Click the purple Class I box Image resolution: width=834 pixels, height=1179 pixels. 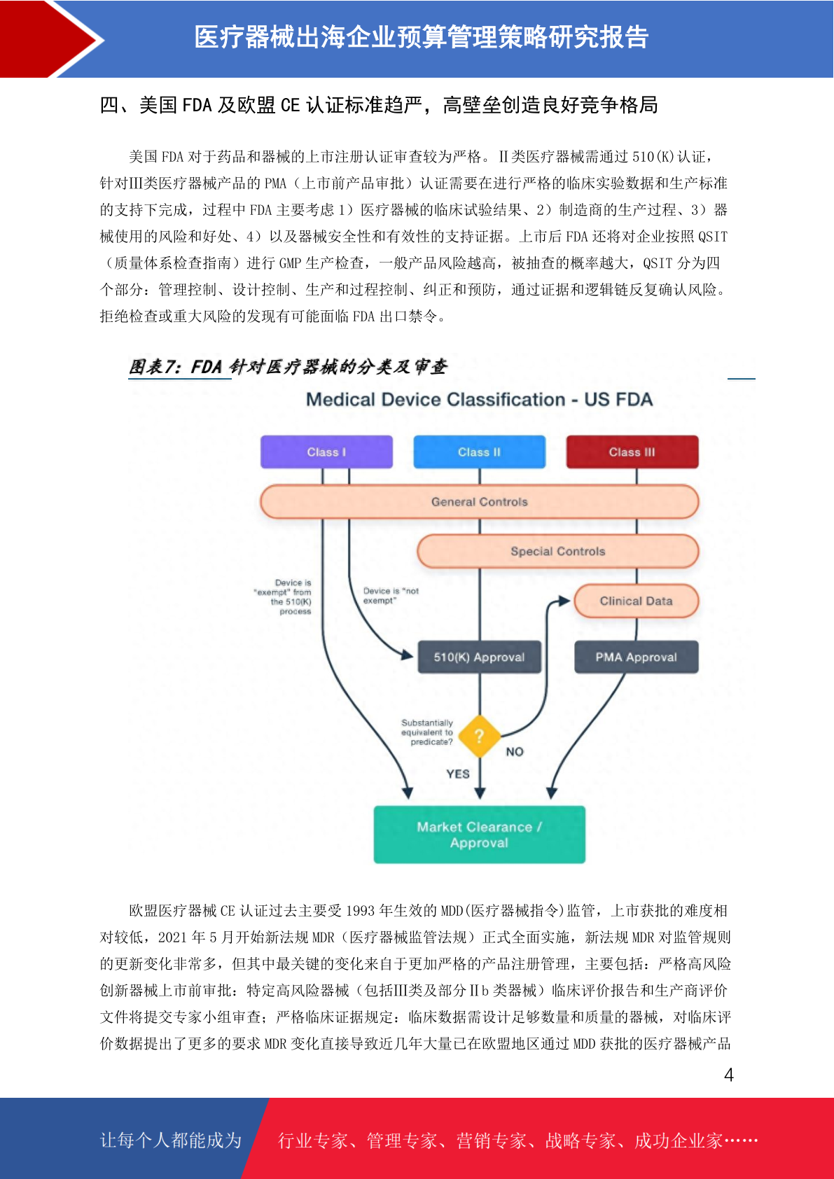326,452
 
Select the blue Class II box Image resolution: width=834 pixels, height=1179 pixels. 479,452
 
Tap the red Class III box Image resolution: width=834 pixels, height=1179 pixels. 632,452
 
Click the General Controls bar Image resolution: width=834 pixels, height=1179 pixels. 479,501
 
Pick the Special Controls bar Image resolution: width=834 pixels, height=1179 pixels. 557,551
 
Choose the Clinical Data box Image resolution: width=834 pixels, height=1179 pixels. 636,601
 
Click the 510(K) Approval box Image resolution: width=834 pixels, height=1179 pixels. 479,657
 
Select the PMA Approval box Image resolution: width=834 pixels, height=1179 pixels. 636,657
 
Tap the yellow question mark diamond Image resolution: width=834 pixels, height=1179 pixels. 479,736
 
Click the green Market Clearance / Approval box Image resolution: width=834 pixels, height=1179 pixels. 479,835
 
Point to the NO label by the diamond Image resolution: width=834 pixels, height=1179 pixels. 515,752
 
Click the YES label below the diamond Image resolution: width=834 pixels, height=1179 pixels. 457,774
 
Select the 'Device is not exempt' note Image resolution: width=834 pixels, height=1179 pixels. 391,595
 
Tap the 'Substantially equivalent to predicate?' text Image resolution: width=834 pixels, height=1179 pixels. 427,732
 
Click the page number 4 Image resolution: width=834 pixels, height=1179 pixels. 729,1074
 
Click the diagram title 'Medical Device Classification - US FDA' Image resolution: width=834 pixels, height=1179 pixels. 479,400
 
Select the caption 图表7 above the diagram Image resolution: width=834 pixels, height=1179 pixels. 288,366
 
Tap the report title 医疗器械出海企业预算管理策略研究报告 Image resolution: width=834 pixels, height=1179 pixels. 422,37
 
